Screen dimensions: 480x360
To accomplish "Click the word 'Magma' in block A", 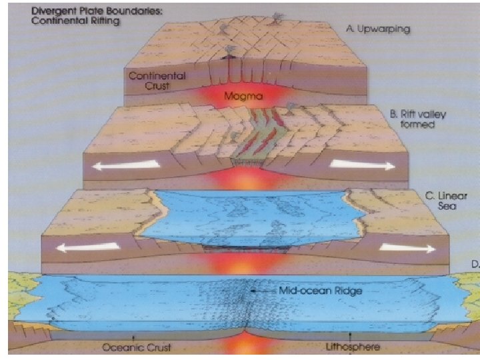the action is point(243,96).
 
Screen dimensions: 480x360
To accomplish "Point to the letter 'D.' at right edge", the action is point(475,264).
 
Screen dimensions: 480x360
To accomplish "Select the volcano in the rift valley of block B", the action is point(291,107).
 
